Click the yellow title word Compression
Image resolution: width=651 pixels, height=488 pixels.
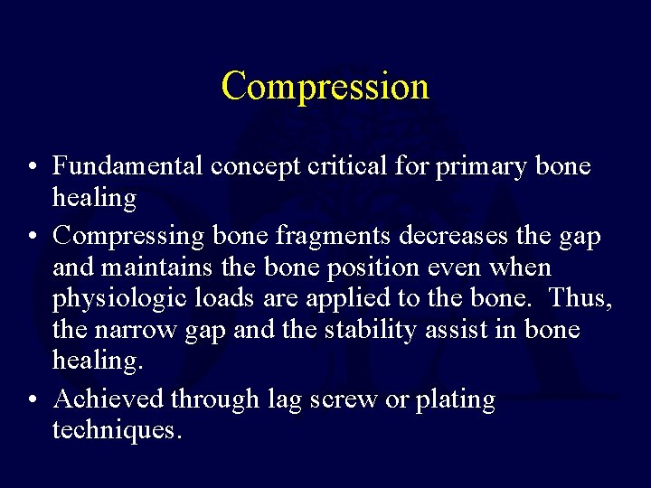coord(325,87)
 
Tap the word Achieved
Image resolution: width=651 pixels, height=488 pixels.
coord(108,399)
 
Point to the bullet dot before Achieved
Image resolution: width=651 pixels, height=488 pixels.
coord(32,399)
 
